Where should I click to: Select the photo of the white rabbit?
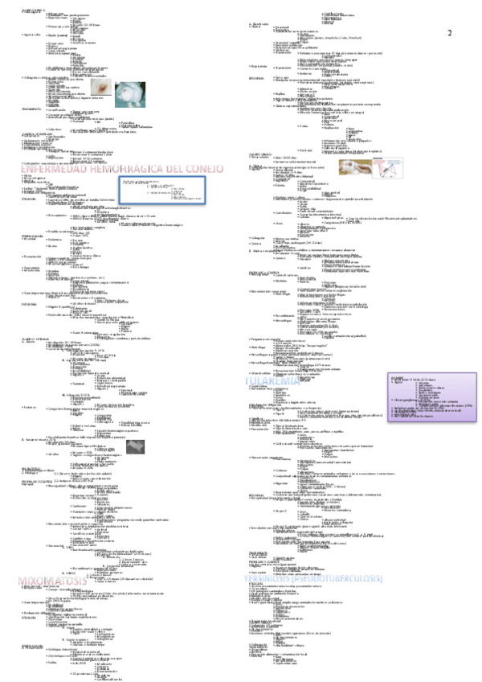point(129,95)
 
